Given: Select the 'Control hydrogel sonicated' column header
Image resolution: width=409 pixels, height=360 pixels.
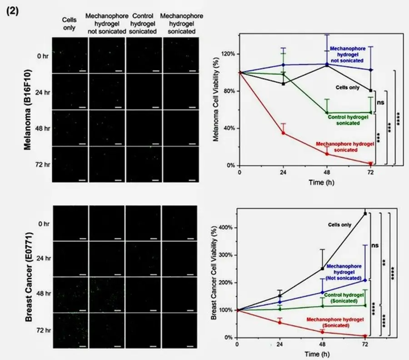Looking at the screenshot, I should [x=143, y=24].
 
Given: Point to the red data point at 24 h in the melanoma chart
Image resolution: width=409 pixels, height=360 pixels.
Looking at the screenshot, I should [x=283, y=133].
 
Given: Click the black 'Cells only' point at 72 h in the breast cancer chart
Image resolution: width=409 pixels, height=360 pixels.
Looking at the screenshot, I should [x=365, y=213].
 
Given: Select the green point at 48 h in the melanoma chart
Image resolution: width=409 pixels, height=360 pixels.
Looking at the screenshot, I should [x=327, y=113].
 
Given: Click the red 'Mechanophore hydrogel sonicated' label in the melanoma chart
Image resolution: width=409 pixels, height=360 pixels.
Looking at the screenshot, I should [x=345, y=147].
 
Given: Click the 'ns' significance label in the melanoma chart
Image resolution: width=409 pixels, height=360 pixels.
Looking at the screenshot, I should [x=381, y=103].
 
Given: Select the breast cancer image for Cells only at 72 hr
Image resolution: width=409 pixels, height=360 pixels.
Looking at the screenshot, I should [x=70, y=330].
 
